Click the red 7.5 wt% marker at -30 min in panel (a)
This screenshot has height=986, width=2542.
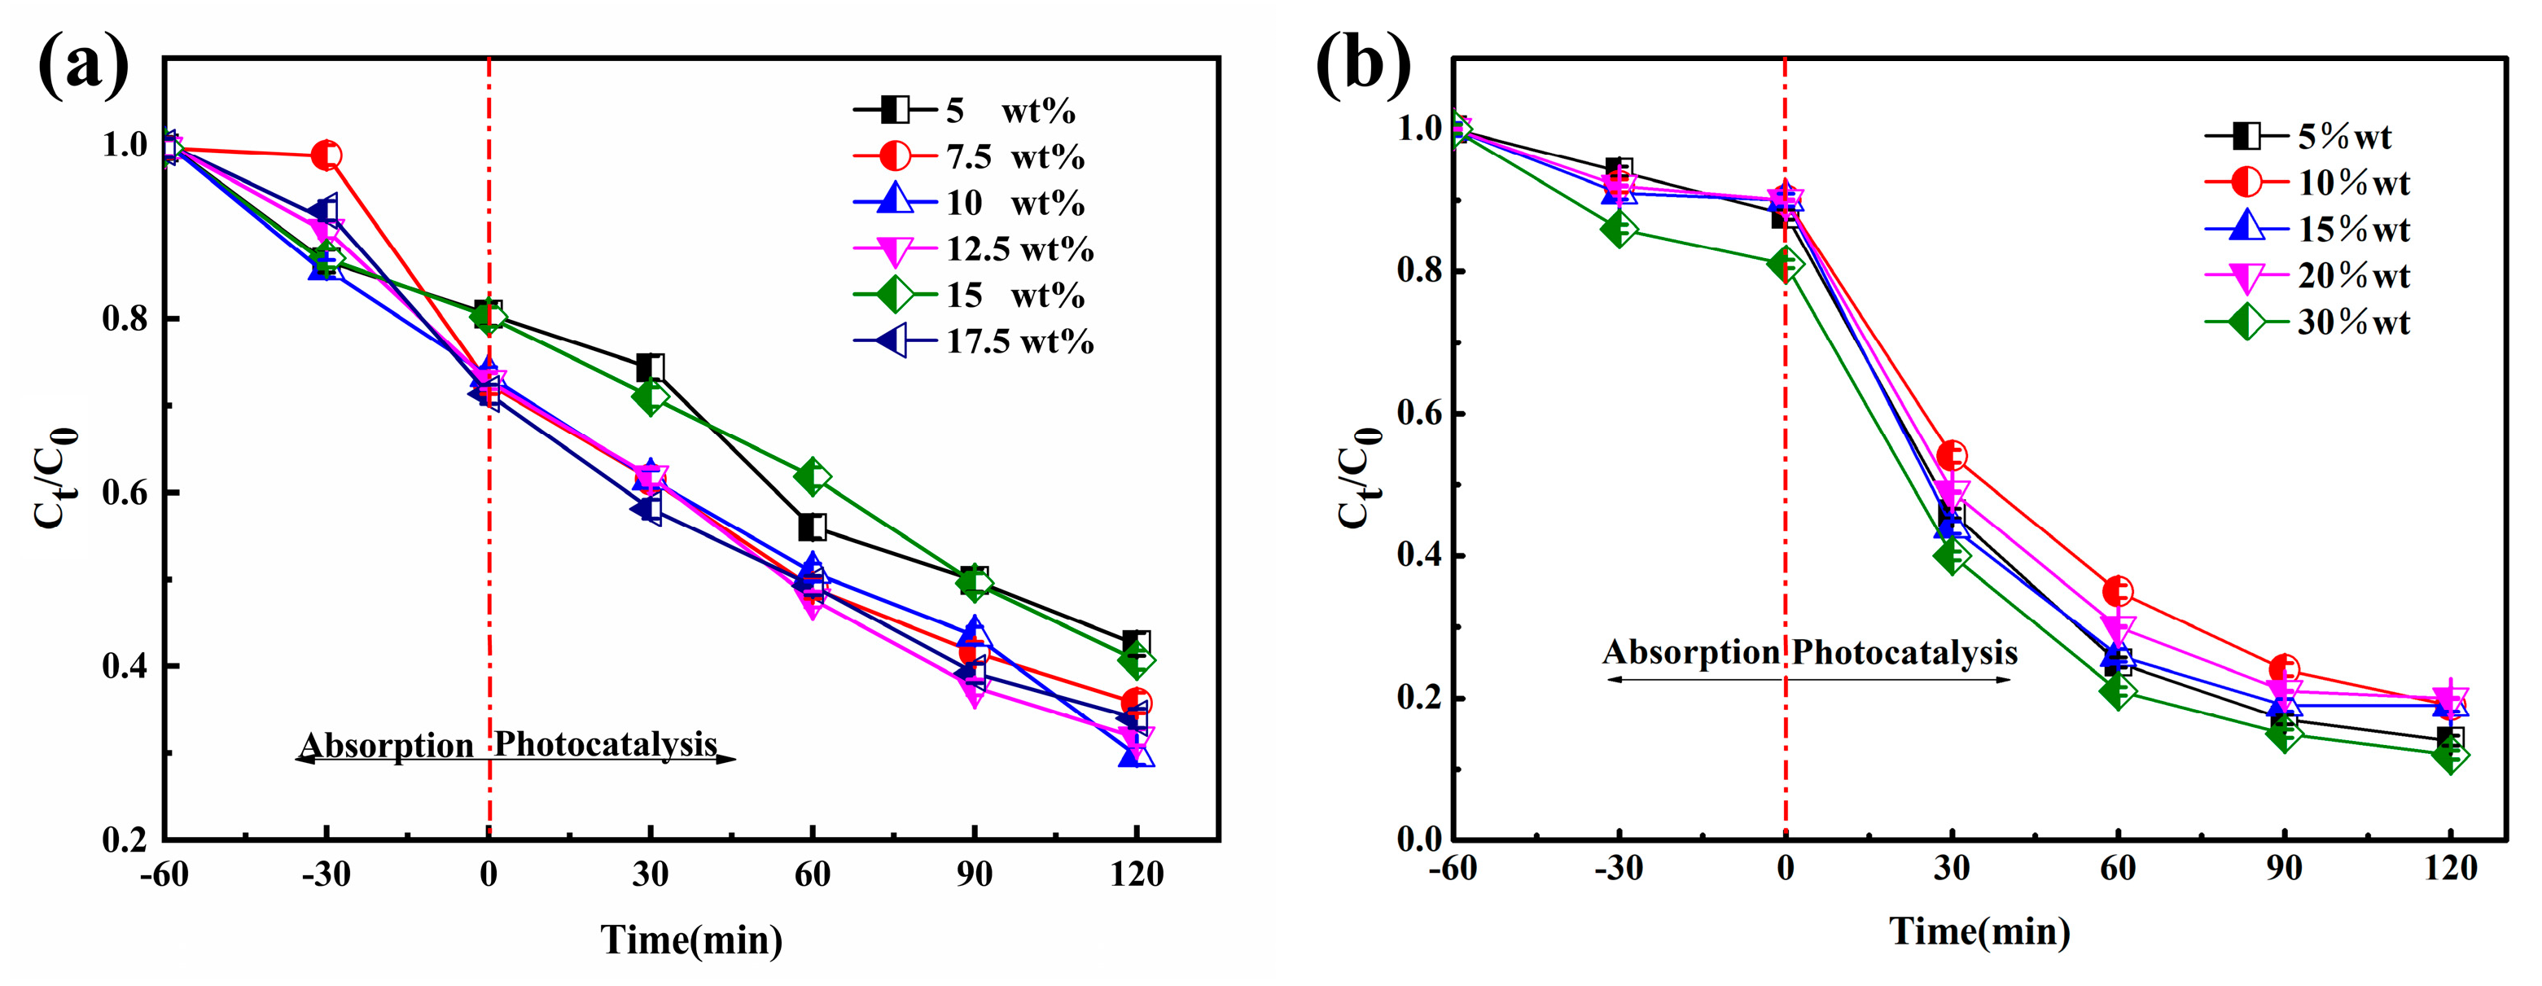tap(326, 155)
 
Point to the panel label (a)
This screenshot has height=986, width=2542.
tap(83, 65)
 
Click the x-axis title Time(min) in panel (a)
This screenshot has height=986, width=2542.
tap(690, 940)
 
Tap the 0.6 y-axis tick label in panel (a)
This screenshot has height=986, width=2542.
tap(125, 493)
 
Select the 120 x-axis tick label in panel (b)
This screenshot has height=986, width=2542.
tap(2449, 869)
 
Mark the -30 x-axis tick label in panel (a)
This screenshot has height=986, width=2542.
tap(326, 874)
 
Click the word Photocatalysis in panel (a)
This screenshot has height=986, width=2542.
tap(605, 743)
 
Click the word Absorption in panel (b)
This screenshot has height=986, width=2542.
tap(1690, 652)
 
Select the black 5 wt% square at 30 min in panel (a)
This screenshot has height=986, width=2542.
tap(649, 368)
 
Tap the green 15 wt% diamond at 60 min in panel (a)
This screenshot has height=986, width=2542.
tap(811, 476)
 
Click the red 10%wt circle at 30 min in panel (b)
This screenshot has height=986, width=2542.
tap(1951, 456)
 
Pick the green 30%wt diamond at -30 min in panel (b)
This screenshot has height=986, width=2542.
tap(1619, 230)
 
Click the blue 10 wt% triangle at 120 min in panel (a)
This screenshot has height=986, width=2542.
tap(1136, 754)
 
